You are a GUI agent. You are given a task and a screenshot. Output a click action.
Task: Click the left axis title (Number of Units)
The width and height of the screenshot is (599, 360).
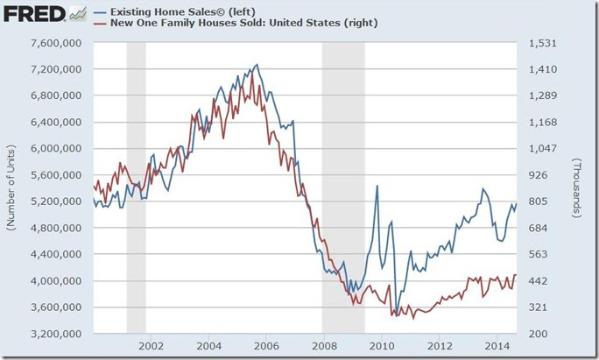(x=11, y=188)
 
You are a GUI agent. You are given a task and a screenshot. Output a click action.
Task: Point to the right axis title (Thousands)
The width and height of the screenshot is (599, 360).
(x=578, y=188)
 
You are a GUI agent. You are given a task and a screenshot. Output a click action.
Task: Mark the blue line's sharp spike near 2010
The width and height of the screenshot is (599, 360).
(x=377, y=187)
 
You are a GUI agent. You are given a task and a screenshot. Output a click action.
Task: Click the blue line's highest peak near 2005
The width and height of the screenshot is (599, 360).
(x=256, y=65)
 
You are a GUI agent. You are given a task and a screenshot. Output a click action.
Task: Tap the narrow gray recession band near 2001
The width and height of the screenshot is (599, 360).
(x=136, y=188)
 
